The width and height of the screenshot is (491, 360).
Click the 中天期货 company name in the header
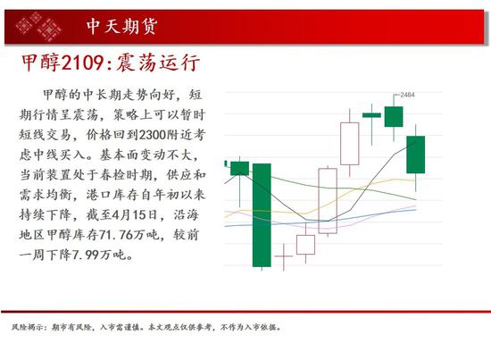pos(121,26)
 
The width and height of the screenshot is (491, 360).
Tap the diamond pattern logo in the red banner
pos(38,27)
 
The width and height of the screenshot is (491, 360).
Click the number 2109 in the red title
pos(82,63)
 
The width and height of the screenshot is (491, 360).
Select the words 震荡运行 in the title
pos(158,63)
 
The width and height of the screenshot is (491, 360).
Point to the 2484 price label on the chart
pos(407,95)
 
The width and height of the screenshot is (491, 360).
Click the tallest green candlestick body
pos(262,215)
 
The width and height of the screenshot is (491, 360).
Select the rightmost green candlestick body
pos(415,155)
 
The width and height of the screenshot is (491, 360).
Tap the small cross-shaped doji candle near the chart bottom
pos(284,256)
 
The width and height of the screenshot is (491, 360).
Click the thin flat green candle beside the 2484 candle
pos(371,115)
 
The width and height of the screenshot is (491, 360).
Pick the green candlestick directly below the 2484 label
pos(394,116)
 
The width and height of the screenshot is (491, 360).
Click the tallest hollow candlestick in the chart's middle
pos(328,201)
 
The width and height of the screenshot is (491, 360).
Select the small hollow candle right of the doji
pos(305,245)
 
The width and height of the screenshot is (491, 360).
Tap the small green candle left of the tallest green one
pos(240,168)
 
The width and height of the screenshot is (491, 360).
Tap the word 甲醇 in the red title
pos(41,63)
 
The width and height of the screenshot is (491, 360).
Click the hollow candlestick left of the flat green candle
pos(350,144)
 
